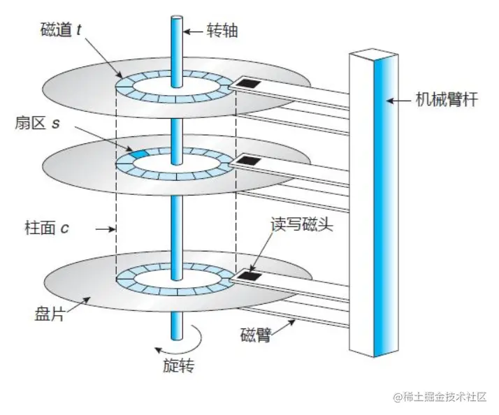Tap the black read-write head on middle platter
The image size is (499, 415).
(x=247, y=163)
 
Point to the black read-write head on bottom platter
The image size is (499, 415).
(x=247, y=277)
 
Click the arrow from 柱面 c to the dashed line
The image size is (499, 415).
(x=103, y=228)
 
